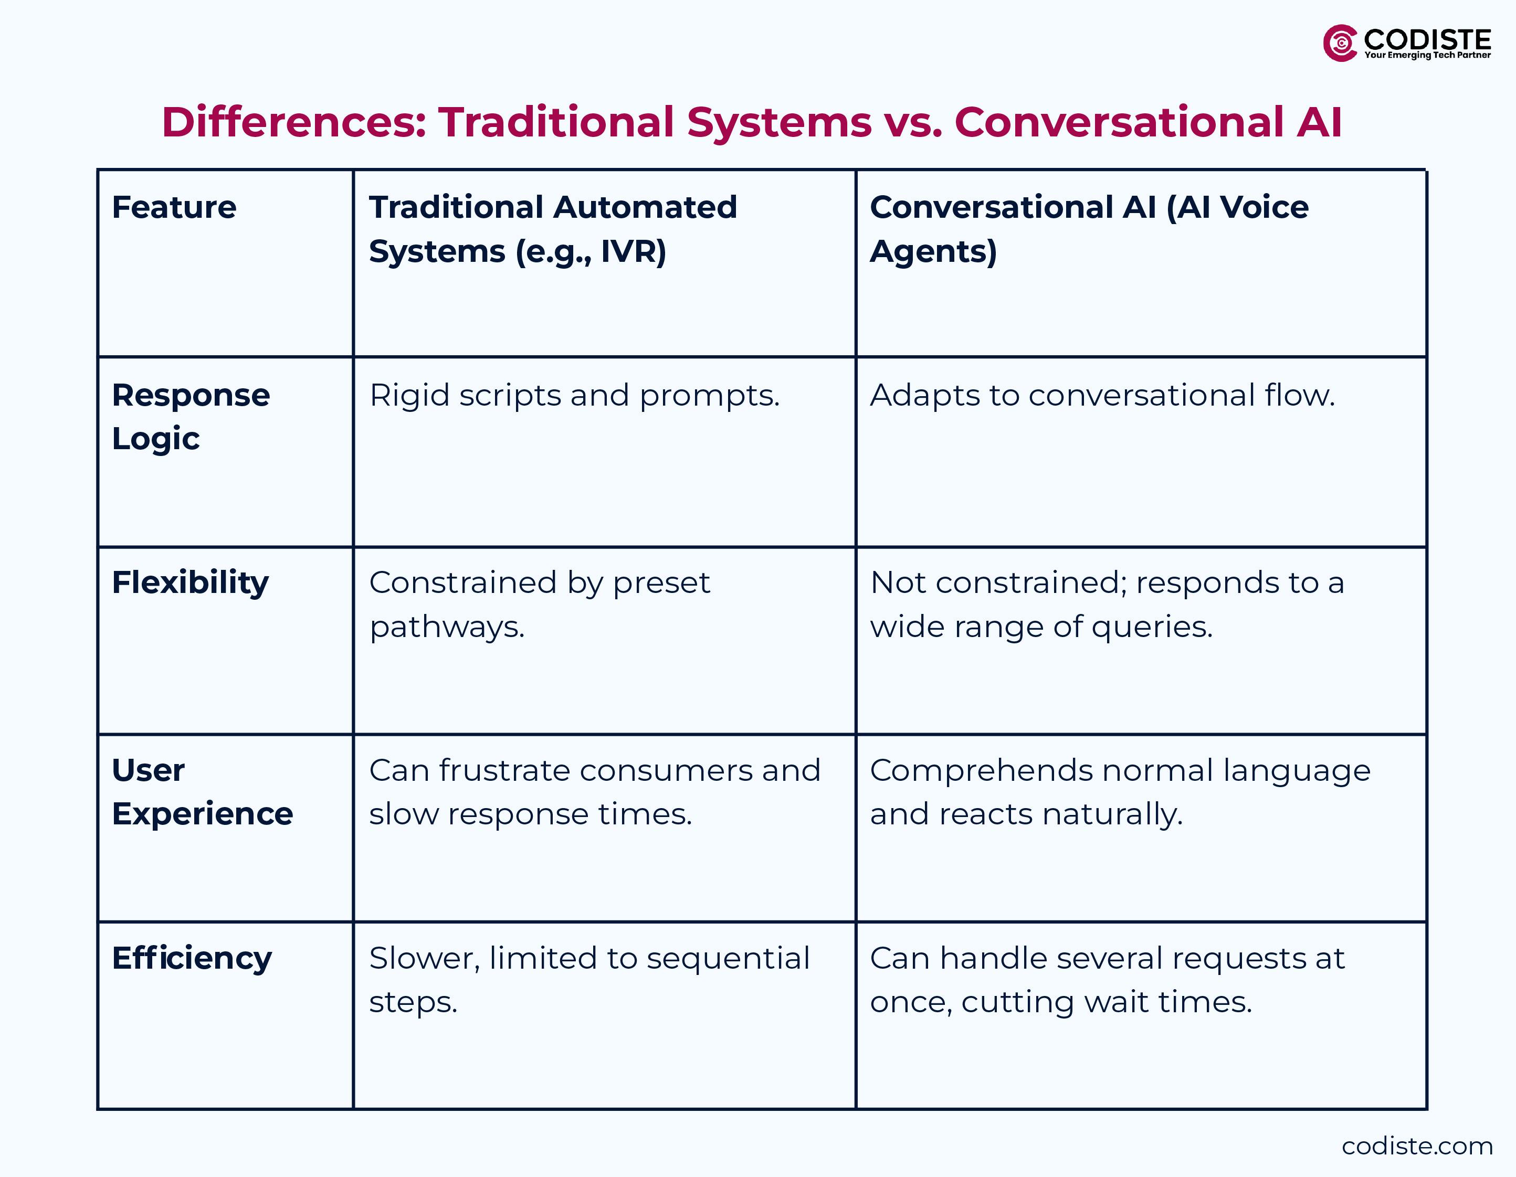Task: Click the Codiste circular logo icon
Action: pyautogui.click(x=1340, y=43)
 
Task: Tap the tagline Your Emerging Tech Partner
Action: pyautogui.click(x=1427, y=56)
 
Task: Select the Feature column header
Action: pyautogui.click(x=174, y=207)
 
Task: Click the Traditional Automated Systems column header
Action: pyautogui.click(x=553, y=229)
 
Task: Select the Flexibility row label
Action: pyautogui.click(x=190, y=583)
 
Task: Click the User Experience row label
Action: pyautogui.click(x=202, y=792)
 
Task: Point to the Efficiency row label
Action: pyautogui.click(x=192, y=958)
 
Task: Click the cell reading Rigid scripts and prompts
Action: pyautogui.click(x=574, y=396)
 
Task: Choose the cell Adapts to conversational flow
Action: pyautogui.click(x=1102, y=396)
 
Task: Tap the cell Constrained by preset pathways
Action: pyautogui.click(x=539, y=605)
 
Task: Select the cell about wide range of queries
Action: pyautogui.click(x=1107, y=605)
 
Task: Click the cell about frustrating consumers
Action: pyautogui.click(x=594, y=792)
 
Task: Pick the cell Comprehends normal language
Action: pyautogui.click(x=1120, y=792)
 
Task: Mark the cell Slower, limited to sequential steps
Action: pyautogui.click(x=588, y=980)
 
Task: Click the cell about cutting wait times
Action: pyautogui.click(x=1107, y=980)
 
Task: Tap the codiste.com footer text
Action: pyautogui.click(x=1417, y=1146)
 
